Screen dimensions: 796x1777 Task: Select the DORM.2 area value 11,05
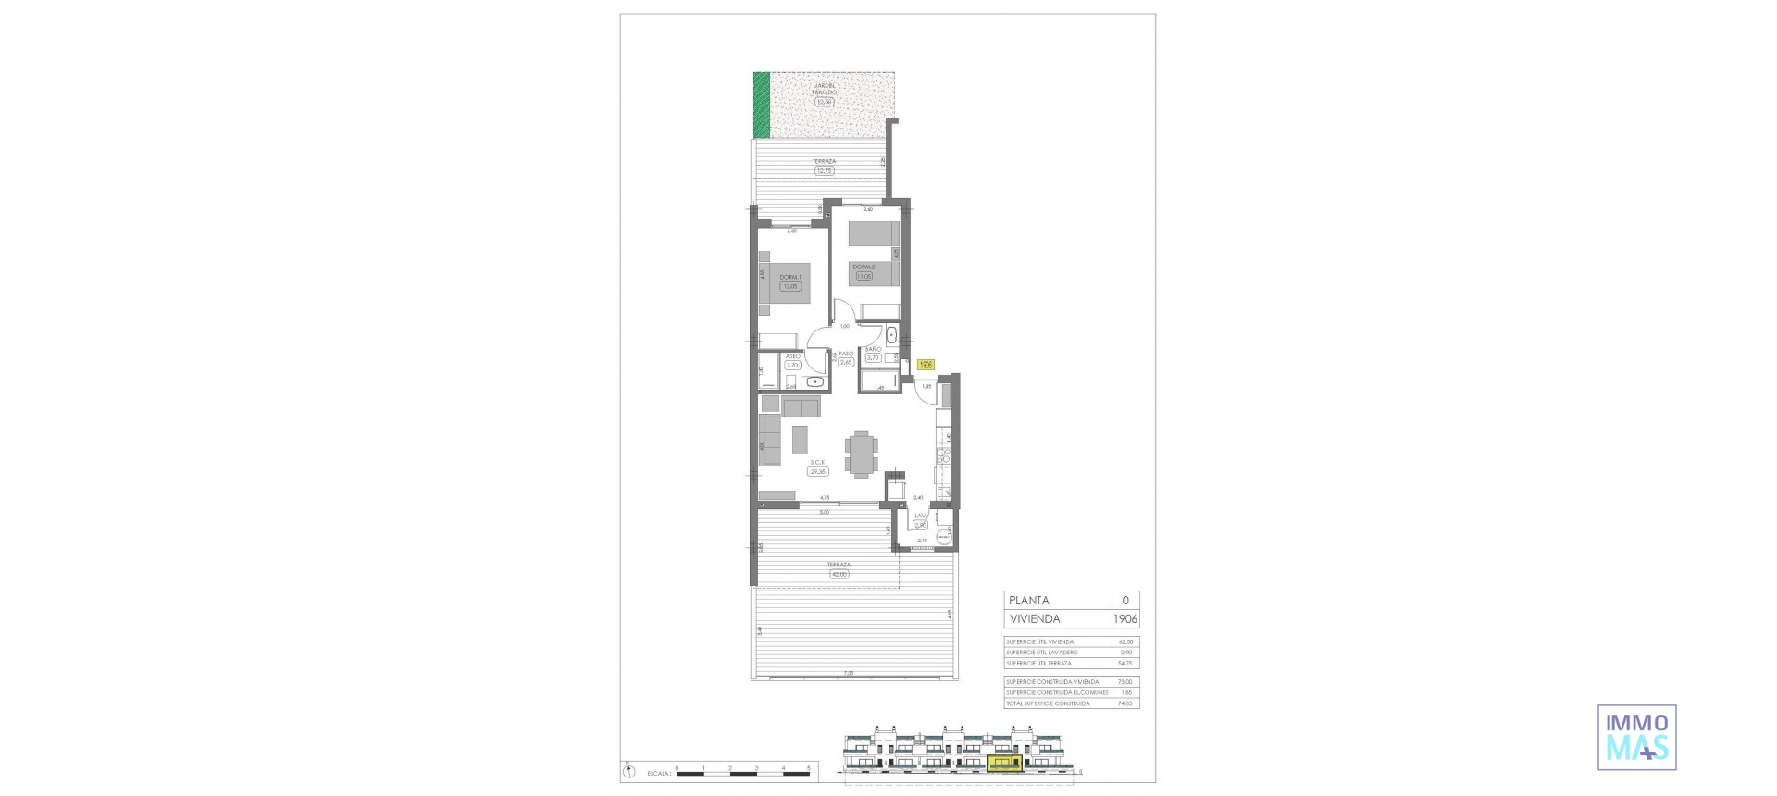(864, 276)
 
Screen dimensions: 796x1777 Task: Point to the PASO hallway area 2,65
(846, 363)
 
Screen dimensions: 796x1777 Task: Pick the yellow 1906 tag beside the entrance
(926, 365)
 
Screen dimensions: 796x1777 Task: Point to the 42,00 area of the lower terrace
(839, 574)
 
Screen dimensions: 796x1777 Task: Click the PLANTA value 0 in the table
(1125, 601)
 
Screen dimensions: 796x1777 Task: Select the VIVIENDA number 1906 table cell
(1125, 619)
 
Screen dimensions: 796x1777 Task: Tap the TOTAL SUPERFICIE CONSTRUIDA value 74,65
(1125, 703)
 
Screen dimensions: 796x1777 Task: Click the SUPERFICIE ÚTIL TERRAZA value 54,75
(1125, 664)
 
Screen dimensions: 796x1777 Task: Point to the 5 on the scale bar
(809, 768)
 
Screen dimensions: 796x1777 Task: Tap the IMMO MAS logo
(1636, 738)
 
